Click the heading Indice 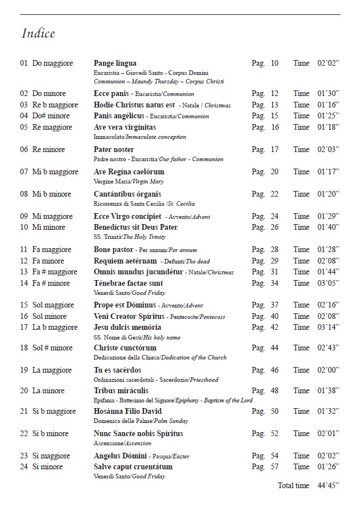coord(38,33)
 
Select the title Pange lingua coord(115,63)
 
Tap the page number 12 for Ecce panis coord(274,93)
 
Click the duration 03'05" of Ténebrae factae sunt coord(328,283)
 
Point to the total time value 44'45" coord(328,485)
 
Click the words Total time coord(293,485)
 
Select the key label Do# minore coord(51,115)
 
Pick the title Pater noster coord(113,149)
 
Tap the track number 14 coord(24,283)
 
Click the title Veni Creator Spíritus coord(129,316)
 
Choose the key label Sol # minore coord(53,348)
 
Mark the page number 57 coord(274,466)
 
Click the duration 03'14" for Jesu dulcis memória coord(328,327)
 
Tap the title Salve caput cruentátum coord(133,466)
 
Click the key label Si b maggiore coord(54,411)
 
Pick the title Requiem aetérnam coord(125,261)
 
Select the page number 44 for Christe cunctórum coord(274,348)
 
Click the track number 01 coord(24,63)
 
